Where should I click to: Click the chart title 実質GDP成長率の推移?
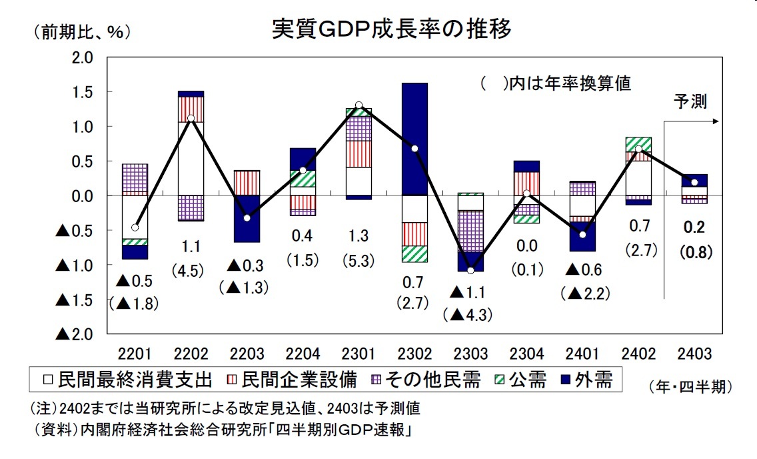[391, 29]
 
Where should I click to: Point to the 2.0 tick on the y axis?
[81, 57]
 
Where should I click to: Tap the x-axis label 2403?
[693, 353]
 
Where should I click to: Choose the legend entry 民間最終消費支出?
[128, 380]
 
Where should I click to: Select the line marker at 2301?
[359, 105]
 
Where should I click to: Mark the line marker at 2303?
[470, 270]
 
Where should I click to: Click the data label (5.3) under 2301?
[359, 259]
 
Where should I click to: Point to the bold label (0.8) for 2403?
[693, 254]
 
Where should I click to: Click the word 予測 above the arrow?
[690, 101]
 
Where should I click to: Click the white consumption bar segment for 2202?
[191, 158]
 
